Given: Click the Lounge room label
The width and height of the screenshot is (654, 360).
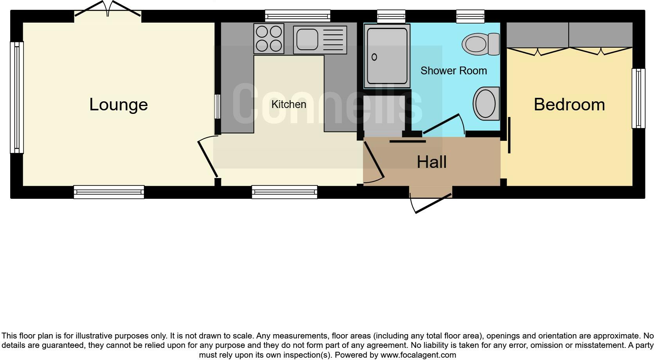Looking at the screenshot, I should pyautogui.click(x=119, y=104).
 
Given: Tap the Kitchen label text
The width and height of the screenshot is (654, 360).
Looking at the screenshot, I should pyautogui.click(x=289, y=104).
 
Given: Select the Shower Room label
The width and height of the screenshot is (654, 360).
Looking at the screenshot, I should pyautogui.click(x=453, y=71).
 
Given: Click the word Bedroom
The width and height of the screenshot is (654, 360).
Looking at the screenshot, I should pyautogui.click(x=569, y=104).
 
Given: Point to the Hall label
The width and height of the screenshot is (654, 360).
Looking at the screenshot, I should pyautogui.click(x=431, y=162).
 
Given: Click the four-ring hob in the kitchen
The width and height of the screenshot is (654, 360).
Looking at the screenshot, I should pyautogui.click(x=268, y=38).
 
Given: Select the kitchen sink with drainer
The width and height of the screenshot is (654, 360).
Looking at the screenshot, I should pyautogui.click(x=320, y=40).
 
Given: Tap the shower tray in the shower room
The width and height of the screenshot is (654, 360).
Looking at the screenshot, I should pyautogui.click(x=387, y=56).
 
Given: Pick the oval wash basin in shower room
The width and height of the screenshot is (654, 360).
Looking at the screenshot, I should pyautogui.click(x=486, y=104).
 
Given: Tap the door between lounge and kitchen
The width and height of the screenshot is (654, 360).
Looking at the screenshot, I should pyautogui.click(x=208, y=158).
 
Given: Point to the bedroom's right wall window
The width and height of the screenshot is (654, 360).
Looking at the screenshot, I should pyautogui.click(x=638, y=98).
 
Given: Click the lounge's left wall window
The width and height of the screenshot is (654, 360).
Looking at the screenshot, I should pyautogui.click(x=17, y=97).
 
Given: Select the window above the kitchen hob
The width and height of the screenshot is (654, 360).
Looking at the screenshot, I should pyautogui.click(x=297, y=16).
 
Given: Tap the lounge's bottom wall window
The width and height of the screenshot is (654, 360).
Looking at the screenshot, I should pyautogui.click(x=109, y=192).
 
